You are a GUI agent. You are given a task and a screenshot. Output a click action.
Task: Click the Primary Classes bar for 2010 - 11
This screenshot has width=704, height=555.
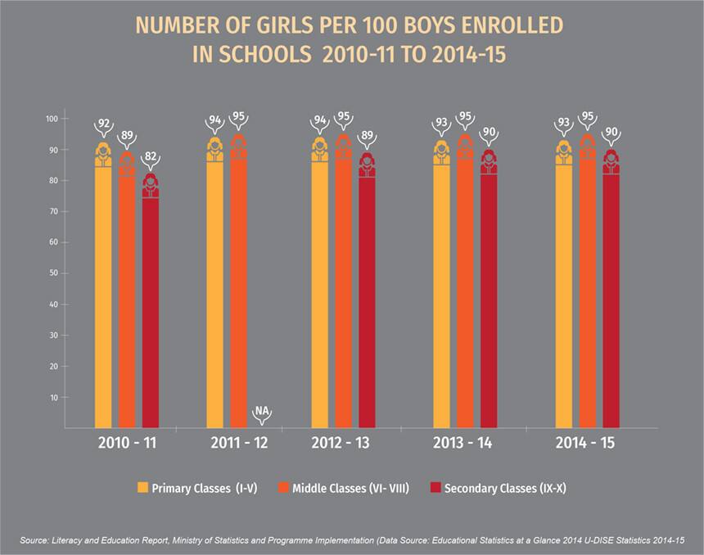[103, 295]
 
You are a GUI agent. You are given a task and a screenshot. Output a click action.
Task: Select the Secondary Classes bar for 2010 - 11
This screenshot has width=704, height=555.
[151, 311]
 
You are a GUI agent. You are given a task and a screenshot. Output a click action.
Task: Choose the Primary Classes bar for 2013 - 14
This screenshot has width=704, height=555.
[441, 295]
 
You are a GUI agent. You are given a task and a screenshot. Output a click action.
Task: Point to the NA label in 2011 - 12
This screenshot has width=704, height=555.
[262, 411]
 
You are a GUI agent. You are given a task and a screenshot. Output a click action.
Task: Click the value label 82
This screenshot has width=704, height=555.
[151, 156]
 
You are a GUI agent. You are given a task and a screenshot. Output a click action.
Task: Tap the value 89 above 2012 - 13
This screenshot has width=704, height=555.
[367, 136]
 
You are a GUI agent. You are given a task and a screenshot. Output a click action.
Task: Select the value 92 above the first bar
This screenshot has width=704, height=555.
[104, 124]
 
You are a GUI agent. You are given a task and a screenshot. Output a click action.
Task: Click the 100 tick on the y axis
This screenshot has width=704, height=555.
[52, 119]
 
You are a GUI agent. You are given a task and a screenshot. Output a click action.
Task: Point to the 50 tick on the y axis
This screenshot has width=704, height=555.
[54, 273]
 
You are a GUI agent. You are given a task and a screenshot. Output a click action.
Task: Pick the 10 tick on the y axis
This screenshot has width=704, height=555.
[54, 397]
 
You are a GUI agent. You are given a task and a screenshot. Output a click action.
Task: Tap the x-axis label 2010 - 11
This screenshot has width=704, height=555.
[127, 443]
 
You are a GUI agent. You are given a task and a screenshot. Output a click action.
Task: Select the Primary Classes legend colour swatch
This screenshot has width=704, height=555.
[142, 489]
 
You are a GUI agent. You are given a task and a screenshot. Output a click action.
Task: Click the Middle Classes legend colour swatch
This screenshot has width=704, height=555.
[284, 489]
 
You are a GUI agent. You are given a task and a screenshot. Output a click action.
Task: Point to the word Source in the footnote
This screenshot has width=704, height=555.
[38, 541]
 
